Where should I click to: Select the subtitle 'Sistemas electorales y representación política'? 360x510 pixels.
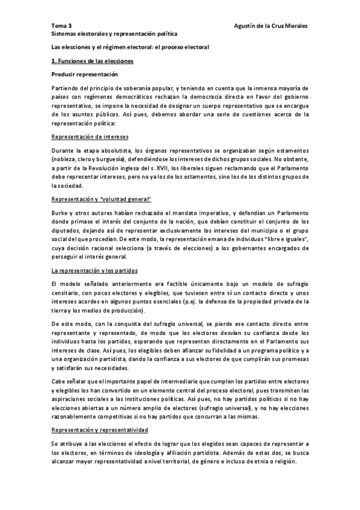[x=114, y=35]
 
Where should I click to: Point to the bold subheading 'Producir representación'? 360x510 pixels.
[x=84, y=75]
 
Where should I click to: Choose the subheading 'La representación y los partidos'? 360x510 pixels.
[x=94, y=270]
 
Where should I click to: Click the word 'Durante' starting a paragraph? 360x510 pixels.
[x=63, y=150]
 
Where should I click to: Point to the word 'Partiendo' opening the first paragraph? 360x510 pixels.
[x=66, y=88]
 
